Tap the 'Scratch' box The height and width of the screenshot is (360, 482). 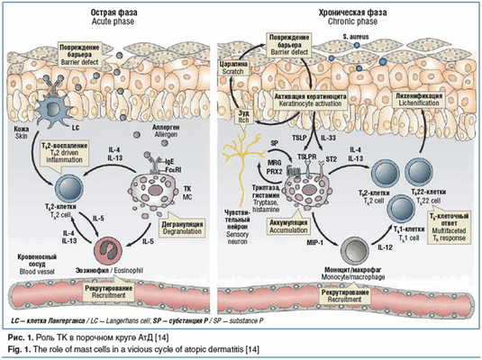(235, 65)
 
